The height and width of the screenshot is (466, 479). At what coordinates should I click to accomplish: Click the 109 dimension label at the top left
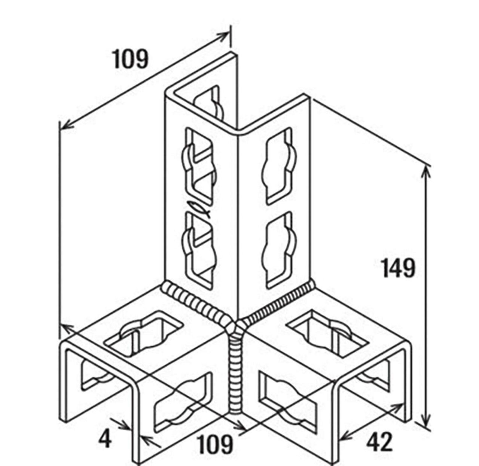click(131, 59)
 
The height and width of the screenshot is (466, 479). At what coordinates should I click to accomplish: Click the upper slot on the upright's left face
click(200, 165)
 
